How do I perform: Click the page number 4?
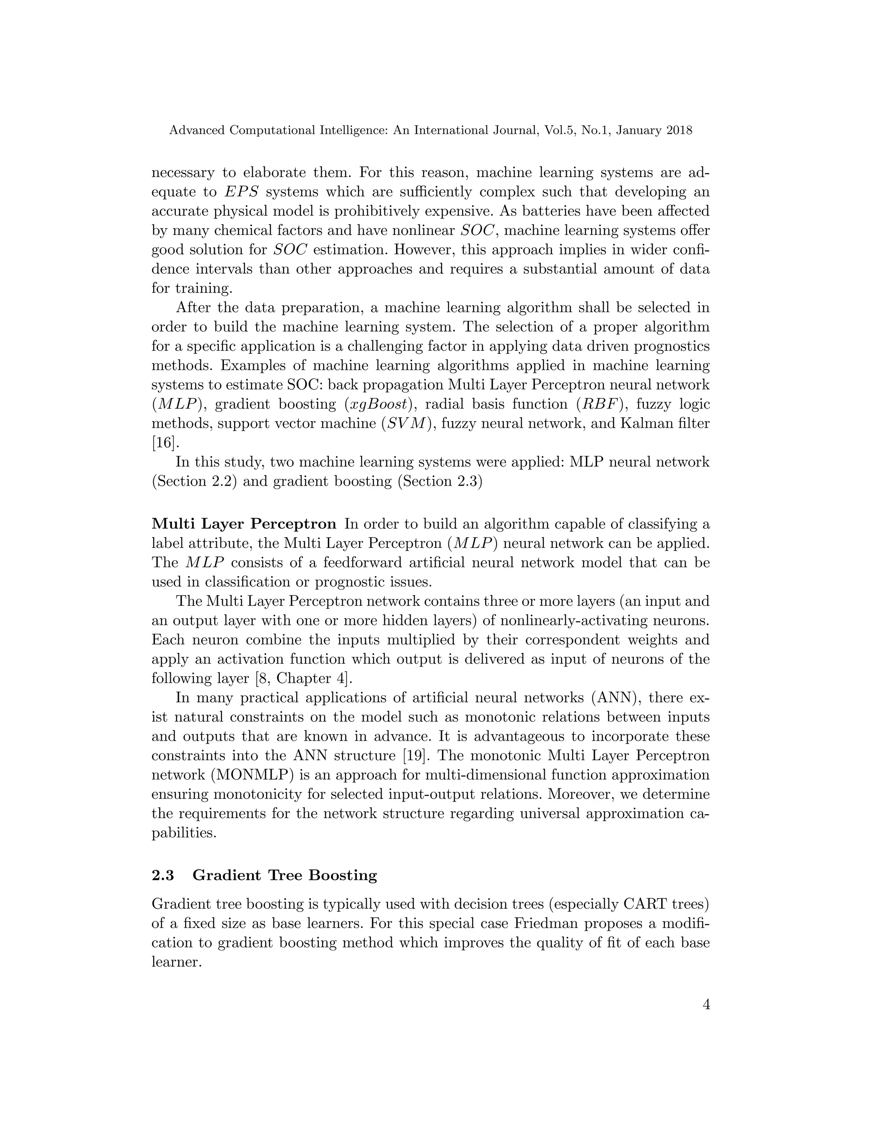coord(706,1005)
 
